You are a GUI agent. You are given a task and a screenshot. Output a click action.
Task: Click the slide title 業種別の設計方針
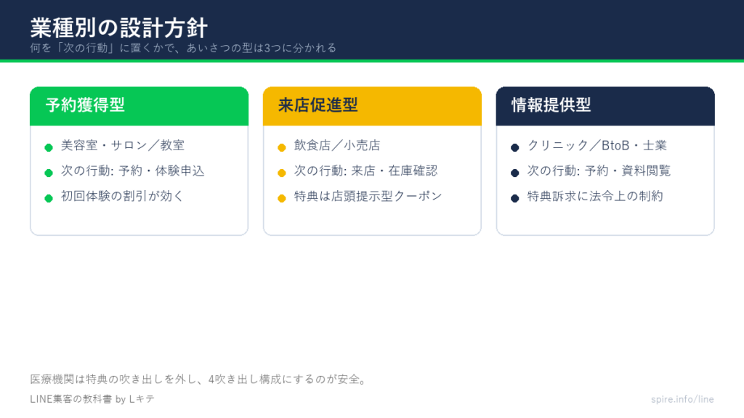118,28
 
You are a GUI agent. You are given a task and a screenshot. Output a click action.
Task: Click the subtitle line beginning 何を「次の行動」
183,48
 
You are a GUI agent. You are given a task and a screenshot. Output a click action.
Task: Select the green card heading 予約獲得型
85,104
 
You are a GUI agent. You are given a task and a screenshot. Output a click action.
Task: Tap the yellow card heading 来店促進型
318,104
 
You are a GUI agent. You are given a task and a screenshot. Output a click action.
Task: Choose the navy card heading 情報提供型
551,104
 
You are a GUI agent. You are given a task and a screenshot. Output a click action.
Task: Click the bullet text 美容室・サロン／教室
122,145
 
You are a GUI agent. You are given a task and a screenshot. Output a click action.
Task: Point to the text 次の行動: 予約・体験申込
132,171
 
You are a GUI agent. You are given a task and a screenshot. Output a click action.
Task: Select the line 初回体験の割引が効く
122,196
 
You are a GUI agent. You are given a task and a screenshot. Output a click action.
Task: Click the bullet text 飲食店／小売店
337,145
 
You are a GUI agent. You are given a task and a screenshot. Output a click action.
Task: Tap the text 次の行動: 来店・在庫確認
365,171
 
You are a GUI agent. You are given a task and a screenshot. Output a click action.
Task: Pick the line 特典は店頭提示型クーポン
368,196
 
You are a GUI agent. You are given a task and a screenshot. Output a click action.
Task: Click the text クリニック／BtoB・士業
597,145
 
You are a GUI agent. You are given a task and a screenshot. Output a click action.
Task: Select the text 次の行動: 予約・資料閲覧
599,171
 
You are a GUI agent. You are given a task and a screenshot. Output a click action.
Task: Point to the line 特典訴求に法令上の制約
595,196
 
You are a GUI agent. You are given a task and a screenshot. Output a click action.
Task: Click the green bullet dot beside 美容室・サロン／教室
49,147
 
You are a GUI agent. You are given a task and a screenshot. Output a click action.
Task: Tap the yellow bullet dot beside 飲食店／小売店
282,147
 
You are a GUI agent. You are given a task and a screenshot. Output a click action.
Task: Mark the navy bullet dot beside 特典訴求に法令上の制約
515,198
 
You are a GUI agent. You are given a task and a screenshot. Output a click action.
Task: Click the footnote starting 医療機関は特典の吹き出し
199,379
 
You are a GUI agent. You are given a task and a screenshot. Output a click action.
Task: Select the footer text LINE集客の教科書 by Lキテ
92,399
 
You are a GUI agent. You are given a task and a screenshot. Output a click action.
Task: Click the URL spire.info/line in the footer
682,399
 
